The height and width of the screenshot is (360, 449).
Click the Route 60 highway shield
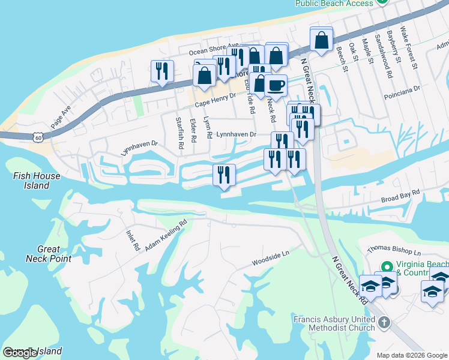[38, 138]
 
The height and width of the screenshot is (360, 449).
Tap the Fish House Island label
[37, 181]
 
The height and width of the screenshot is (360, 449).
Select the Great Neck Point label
[49, 254]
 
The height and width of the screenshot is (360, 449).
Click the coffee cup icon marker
[276, 85]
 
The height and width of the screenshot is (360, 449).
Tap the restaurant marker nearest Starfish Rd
[162, 71]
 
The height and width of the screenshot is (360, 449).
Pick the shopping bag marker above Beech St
[322, 40]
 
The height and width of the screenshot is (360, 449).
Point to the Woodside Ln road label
[271, 262]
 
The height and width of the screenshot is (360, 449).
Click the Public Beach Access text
[334, 3]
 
